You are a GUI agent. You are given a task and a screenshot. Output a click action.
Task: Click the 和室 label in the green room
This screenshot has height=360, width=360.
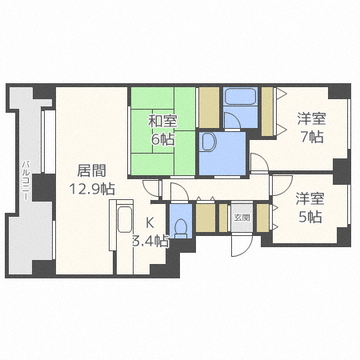click(x=162, y=122)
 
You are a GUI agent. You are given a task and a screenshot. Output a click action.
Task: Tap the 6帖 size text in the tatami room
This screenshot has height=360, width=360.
click(x=163, y=138)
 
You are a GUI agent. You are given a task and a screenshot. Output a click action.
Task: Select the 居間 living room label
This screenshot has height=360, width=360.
click(x=90, y=170)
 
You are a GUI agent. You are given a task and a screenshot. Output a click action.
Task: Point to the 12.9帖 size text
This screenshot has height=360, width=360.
click(x=90, y=189)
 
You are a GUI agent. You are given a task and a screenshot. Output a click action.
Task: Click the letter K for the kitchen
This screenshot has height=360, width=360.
click(x=149, y=223)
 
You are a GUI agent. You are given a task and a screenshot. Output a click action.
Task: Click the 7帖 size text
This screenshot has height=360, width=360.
click(x=312, y=137)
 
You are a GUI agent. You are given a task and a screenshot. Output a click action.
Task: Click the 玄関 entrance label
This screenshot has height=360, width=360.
click(x=241, y=217)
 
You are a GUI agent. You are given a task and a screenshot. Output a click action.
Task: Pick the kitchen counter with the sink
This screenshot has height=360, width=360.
click(x=123, y=227)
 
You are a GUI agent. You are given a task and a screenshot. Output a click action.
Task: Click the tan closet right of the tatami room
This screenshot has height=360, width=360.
click(x=209, y=103)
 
